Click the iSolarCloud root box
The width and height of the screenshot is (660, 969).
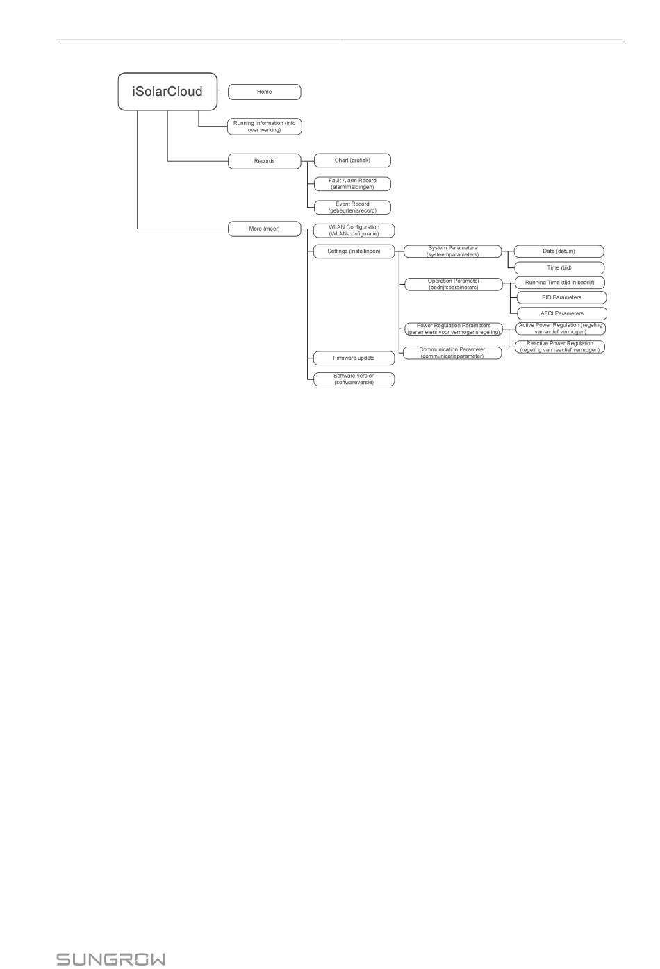(x=167, y=92)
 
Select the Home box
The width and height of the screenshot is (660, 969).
(x=265, y=92)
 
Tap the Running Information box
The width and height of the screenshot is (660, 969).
(x=265, y=126)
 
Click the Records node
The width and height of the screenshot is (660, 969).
(x=265, y=161)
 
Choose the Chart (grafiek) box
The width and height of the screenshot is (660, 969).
(x=352, y=160)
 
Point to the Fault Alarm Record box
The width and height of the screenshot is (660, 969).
(x=352, y=184)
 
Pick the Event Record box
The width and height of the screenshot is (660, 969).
(x=352, y=208)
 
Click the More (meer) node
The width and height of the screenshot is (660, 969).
(x=265, y=229)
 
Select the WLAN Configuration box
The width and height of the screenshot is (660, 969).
(x=354, y=231)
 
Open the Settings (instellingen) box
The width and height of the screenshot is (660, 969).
(x=354, y=251)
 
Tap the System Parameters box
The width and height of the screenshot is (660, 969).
(x=453, y=251)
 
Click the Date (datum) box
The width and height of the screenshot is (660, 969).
(x=559, y=251)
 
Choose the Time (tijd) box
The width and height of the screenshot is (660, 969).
(x=559, y=267)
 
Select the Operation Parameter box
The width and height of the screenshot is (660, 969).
(x=454, y=284)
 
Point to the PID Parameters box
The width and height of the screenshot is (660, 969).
(x=562, y=297)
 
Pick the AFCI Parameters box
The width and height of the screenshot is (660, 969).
(x=562, y=314)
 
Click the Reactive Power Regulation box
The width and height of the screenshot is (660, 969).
(x=560, y=347)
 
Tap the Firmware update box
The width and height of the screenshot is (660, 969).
(x=354, y=358)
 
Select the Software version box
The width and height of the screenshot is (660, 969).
(x=354, y=379)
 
